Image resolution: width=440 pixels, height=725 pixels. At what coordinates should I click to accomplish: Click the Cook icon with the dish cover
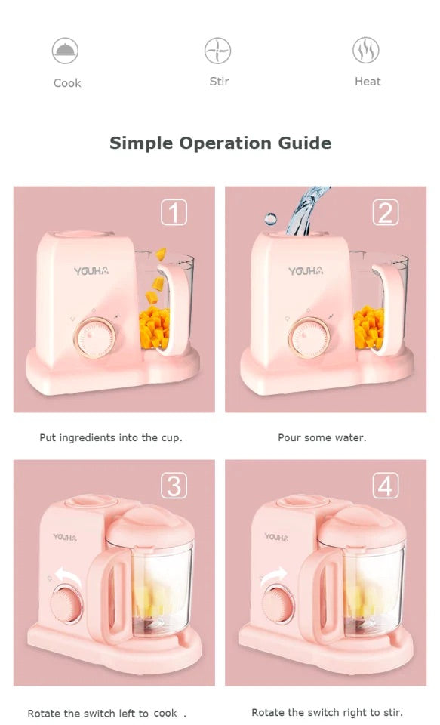tap(65, 51)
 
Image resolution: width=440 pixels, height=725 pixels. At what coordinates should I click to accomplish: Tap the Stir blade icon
tap(217, 51)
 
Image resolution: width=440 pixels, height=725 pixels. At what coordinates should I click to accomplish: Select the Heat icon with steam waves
tap(366, 50)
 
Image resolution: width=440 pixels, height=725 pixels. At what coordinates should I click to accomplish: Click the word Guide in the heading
tap(305, 143)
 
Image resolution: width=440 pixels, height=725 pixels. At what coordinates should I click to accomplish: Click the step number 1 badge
tap(174, 212)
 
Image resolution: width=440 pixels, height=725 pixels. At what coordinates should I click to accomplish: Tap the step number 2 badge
tap(386, 212)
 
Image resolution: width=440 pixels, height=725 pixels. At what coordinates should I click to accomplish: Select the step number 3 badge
tap(174, 486)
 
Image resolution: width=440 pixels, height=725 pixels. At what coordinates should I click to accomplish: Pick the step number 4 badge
tap(386, 486)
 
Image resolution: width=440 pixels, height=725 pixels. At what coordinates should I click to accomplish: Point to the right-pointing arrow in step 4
tap(274, 577)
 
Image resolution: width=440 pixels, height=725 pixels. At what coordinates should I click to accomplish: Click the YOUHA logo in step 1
tap(91, 271)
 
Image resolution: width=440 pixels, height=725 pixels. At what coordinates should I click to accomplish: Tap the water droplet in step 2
tap(271, 219)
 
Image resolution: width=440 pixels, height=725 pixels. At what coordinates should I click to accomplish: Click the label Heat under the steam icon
tap(368, 82)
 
